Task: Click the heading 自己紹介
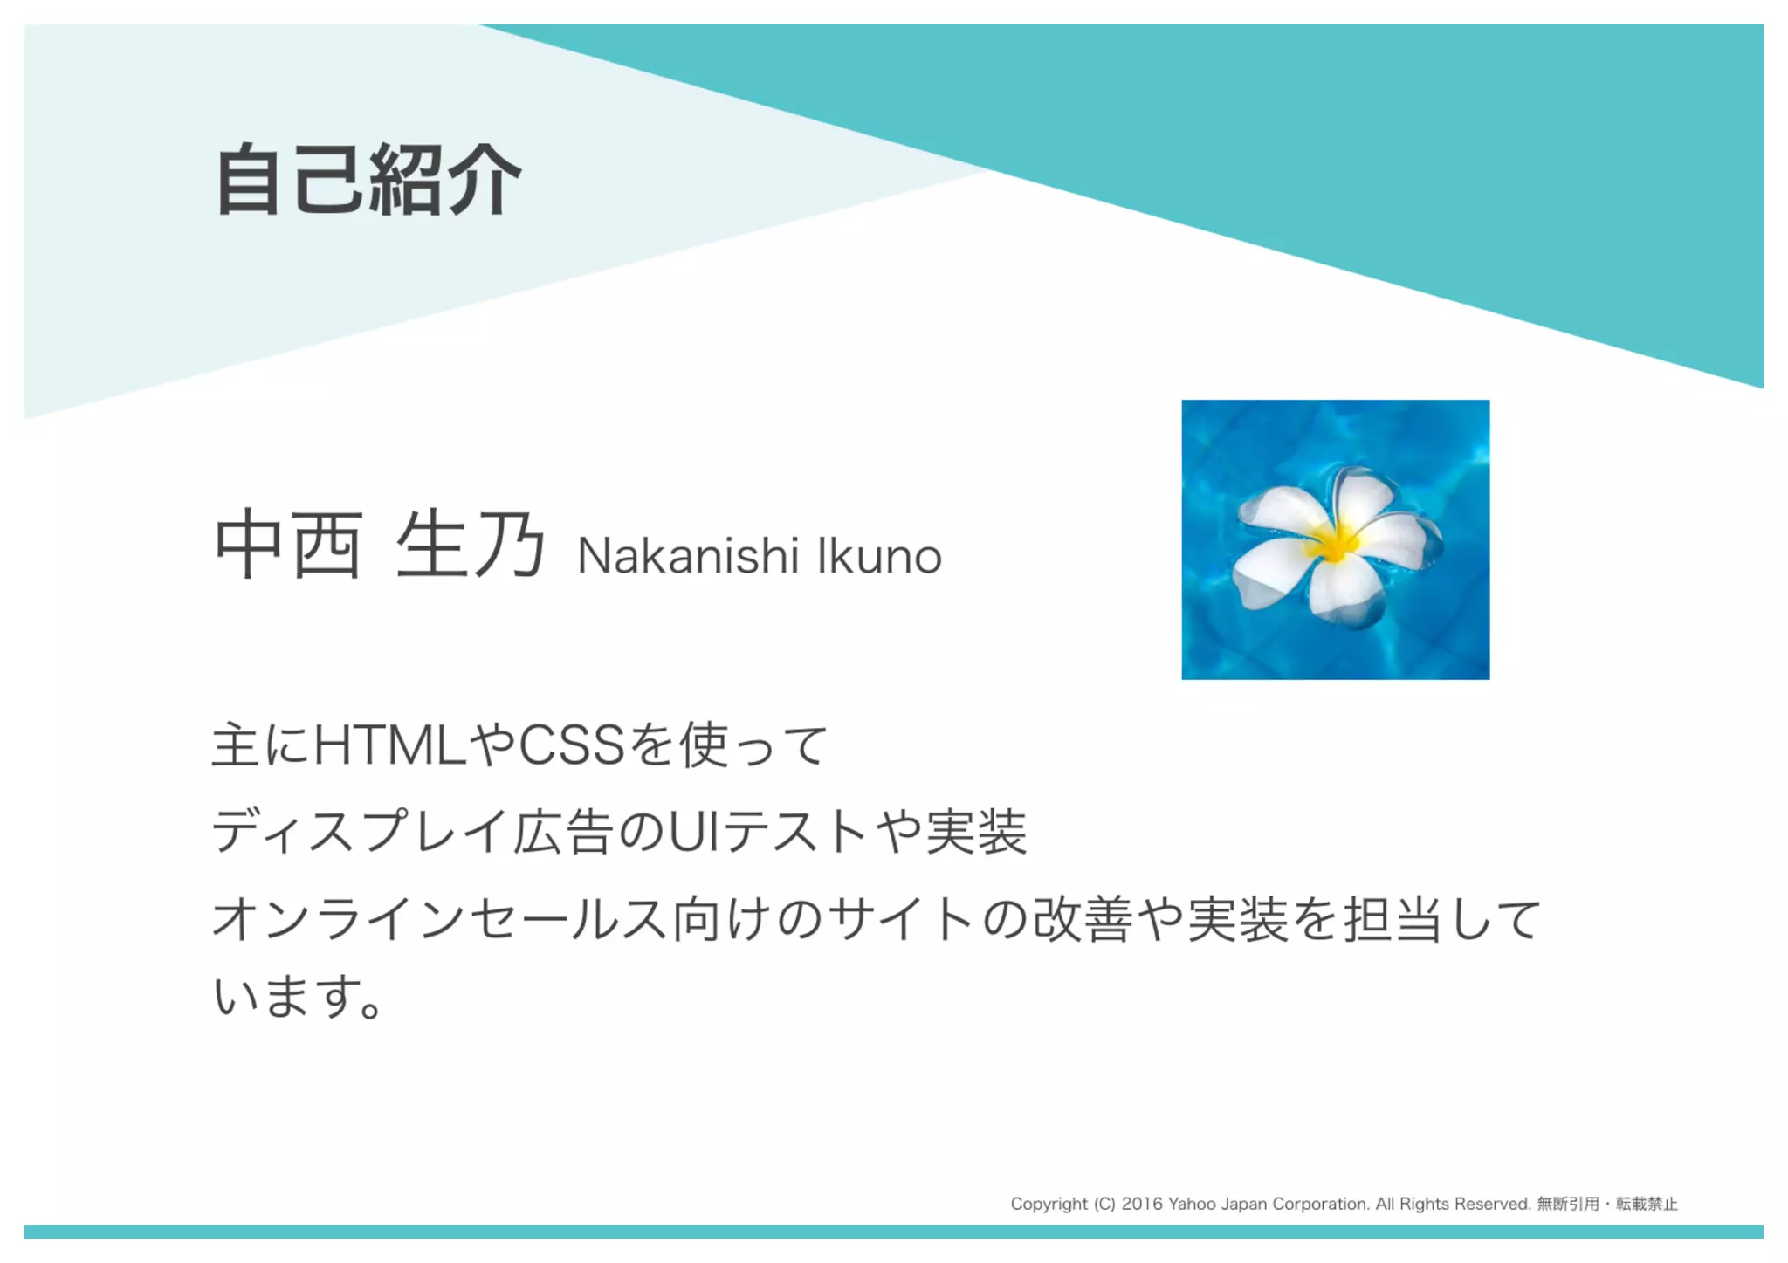[368, 181]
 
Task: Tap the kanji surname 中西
[288, 546]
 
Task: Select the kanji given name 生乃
[471, 546]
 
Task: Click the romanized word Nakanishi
[688, 556]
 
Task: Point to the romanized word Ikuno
[879, 556]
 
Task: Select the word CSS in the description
[572, 745]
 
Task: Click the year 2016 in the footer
[1142, 1204]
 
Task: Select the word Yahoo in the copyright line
[1192, 1204]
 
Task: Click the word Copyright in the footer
[1049, 1204]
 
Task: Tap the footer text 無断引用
[1568, 1204]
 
